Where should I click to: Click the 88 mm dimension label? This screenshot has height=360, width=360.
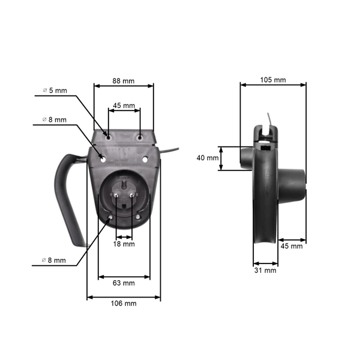[124, 79]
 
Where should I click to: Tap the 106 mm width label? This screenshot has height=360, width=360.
[124, 304]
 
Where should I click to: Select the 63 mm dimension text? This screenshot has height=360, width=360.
[124, 283]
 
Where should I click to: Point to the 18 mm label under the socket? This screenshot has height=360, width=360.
[124, 244]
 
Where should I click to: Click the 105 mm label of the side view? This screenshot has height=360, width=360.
[273, 79]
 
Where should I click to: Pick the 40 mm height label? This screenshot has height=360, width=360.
[208, 158]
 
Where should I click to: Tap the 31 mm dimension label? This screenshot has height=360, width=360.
[265, 271]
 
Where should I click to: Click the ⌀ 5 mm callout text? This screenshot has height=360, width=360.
[55, 91]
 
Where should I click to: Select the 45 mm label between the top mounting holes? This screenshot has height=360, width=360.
[124, 106]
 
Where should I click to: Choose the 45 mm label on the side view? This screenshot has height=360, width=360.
[292, 246]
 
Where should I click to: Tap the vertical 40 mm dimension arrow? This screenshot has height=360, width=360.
[221, 158]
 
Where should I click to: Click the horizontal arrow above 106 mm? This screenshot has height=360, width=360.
[124, 296]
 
